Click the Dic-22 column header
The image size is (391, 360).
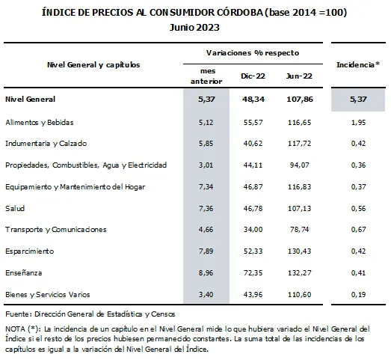(253, 76)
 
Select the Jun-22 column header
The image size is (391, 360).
(299, 76)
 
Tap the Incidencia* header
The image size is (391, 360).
(358, 64)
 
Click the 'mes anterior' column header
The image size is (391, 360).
(206, 76)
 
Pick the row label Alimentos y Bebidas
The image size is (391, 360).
(40, 122)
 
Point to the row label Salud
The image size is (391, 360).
(15, 208)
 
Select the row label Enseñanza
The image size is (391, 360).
(23, 272)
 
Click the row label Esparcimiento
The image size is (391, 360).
(29, 251)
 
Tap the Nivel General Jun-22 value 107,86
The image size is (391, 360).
(300, 99)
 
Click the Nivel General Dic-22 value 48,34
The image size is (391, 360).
(253, 99)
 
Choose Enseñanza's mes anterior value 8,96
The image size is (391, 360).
(206, 272)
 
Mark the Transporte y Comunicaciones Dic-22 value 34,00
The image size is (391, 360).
(253, 230)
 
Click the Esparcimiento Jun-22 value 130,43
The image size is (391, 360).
(300, 251)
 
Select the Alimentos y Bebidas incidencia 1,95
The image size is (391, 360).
(358, 122)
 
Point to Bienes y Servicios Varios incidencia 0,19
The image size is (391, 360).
(358, 294)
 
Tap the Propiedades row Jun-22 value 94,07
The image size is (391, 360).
(300, 165)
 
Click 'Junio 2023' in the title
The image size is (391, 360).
(194, 27)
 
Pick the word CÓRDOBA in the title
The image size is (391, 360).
(240, 12)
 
